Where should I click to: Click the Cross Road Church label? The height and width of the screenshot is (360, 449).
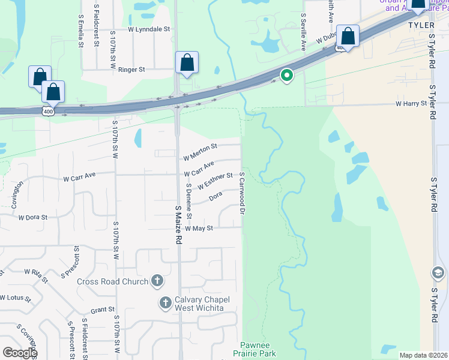(x=113, y=281)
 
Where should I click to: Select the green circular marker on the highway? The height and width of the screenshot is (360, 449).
(x=287, y=76)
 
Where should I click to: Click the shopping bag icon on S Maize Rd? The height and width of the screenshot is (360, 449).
(x=187, y=62)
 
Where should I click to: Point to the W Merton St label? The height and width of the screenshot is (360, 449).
(x=200, y=146)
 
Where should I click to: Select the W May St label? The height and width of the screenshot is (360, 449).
(x=199, y=229)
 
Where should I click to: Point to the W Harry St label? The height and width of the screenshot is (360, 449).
(x=411, y=104)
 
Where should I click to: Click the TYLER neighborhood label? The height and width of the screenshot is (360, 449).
(x=420, y=26)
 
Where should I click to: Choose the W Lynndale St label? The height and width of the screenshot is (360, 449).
(x=149, y=29)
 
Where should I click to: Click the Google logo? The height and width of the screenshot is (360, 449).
(x=19, y=353)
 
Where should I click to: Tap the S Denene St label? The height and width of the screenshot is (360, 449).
(x=188, y=200)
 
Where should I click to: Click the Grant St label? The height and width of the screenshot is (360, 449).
(x=102, y=310)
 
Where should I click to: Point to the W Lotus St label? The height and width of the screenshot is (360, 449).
(x=15, y=298)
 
